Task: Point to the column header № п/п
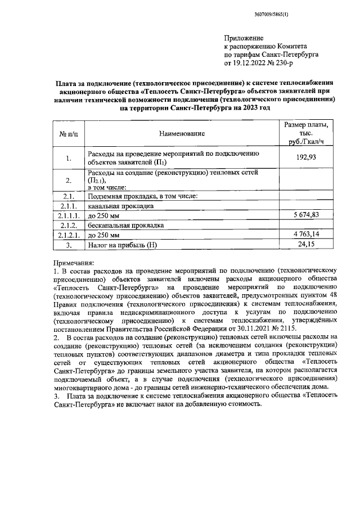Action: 68,134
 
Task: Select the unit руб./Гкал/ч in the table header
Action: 306,143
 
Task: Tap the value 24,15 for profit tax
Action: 306,245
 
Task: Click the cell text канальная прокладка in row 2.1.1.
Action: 121,206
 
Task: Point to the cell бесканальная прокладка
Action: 125,226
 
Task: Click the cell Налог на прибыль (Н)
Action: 123,245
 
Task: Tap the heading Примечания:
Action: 74,263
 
